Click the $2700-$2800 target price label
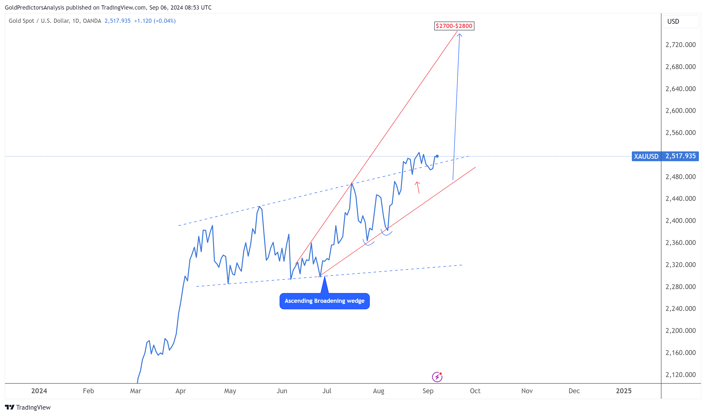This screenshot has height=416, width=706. click(x=454, y=26)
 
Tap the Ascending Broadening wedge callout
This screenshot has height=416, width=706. click(x=324, y=301)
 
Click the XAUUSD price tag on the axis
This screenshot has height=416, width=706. click(x=646, y=156)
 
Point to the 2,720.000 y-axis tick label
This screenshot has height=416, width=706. click(x=680, y=45)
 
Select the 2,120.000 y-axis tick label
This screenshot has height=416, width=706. click(x=680, y=375)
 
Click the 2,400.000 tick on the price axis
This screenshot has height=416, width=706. click(x=680, y=220)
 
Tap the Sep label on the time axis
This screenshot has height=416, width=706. click(x=428, y=391)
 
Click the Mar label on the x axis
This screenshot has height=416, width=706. click(x=136, y=391)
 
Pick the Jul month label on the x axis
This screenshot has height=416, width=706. click(x=327, y=391)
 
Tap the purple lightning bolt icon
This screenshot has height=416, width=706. click(x=437, y=377)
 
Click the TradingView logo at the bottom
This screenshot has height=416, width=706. click(x=28, y=407)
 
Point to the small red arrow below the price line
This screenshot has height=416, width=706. click(x=418, y=187)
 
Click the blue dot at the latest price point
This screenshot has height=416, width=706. click(x=437, y=156)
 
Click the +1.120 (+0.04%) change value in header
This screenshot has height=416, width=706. click(x=155, y=21)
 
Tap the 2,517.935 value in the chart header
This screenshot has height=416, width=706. click(x=118, y=21)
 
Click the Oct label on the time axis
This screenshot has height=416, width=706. click(x=475, y=391)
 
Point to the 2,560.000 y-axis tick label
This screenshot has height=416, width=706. click(x=680, y=133)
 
